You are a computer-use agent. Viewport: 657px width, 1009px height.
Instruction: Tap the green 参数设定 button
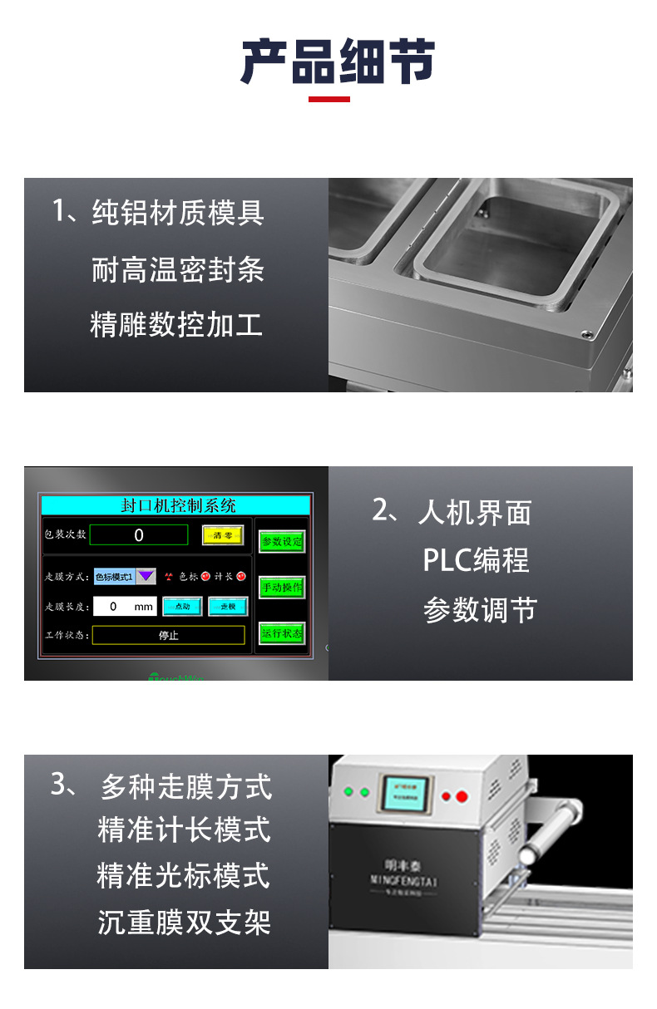tap(282, 542)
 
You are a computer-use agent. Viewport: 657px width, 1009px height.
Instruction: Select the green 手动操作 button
tap(282, 588)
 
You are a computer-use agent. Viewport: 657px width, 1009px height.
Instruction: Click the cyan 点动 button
tap(182, 607)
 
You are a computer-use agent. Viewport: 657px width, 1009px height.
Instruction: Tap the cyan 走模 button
tap(228, 607)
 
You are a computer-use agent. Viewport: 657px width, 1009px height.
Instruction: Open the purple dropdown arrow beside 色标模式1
tap(146, 576)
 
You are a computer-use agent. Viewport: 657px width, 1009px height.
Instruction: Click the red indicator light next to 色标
tap(205, 576)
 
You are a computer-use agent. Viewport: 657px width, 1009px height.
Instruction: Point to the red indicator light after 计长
tap(241, 576)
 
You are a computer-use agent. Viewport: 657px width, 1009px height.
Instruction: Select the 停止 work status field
tap(168, 636)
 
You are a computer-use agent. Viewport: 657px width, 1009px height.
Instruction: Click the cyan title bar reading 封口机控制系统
tap(175, 505)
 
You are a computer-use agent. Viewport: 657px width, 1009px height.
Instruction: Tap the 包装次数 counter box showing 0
tap(139, 535)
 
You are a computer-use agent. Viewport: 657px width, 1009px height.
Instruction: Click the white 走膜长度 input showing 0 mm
tap(124, 607)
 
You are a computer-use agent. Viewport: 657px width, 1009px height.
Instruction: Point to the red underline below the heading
tap(329, 100)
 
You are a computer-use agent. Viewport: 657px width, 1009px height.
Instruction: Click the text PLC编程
tap(476, 561)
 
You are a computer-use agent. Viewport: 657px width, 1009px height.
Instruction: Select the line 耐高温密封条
tap(178, 269)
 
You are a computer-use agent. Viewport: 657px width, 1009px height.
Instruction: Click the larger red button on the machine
tap(462, 796)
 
